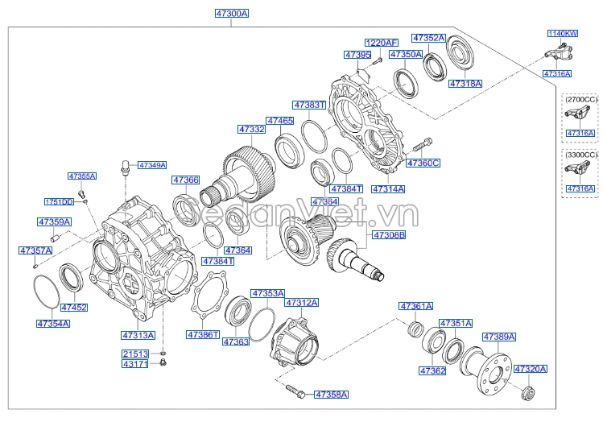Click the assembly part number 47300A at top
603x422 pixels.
[x=232, y=14]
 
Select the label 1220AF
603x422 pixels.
[x=381, y=43]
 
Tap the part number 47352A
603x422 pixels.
[x=428, y=38]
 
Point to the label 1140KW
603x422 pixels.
[x=563, y=34]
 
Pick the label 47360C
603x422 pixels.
[x=423, y=163]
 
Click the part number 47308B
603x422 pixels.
[x=388, y=236]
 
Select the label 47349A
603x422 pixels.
[x=151, y=165]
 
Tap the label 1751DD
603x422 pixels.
[x=58, y=201]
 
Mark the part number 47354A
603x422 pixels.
[x=52, y=323]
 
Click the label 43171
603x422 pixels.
[x=135, y=365]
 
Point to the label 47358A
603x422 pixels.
[x=331, y=395]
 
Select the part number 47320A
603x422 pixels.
[x=530, y=369]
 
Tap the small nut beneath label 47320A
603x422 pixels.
[x=528, y=393]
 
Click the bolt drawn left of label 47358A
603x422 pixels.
[x=295, y=393]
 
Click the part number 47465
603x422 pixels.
[x=280, y=120]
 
